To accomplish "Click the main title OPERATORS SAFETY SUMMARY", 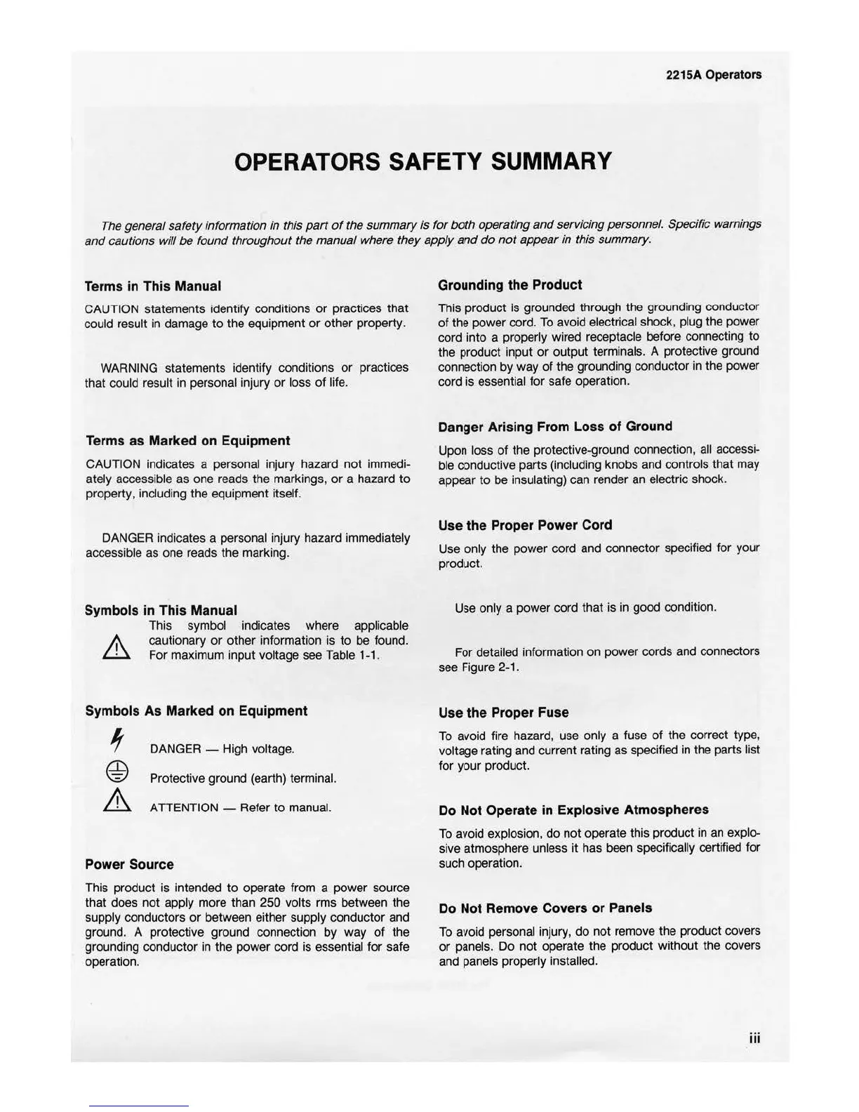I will pyautogui.click(x=422, y=162).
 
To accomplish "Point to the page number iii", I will pyautogui.click(x=754, y=1038).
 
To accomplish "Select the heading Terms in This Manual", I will pyautogui.click(x=152, y=286).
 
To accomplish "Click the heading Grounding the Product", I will pyautogui.click(x=510, y=285).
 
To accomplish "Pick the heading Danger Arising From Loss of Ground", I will pyautogui.click(x=554, y=427).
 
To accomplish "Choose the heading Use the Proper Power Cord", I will pyautogui.click(x=525, y=525).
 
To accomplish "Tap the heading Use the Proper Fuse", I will pyautogui.click(x=503, y=713).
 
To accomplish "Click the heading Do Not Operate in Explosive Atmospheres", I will pyautogui.click(x=573, y=810).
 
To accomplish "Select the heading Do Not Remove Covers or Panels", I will pyautogui.click(x=545, y=908).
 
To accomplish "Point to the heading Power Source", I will pyautogui.click(x=129, y=865).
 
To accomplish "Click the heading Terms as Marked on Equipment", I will pyautogui.click(x=187, y=441).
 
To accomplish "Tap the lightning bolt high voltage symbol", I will pyautogui.click(x=118, y=741).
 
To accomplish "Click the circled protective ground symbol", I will pyautogui.click(x=117, y=771).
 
